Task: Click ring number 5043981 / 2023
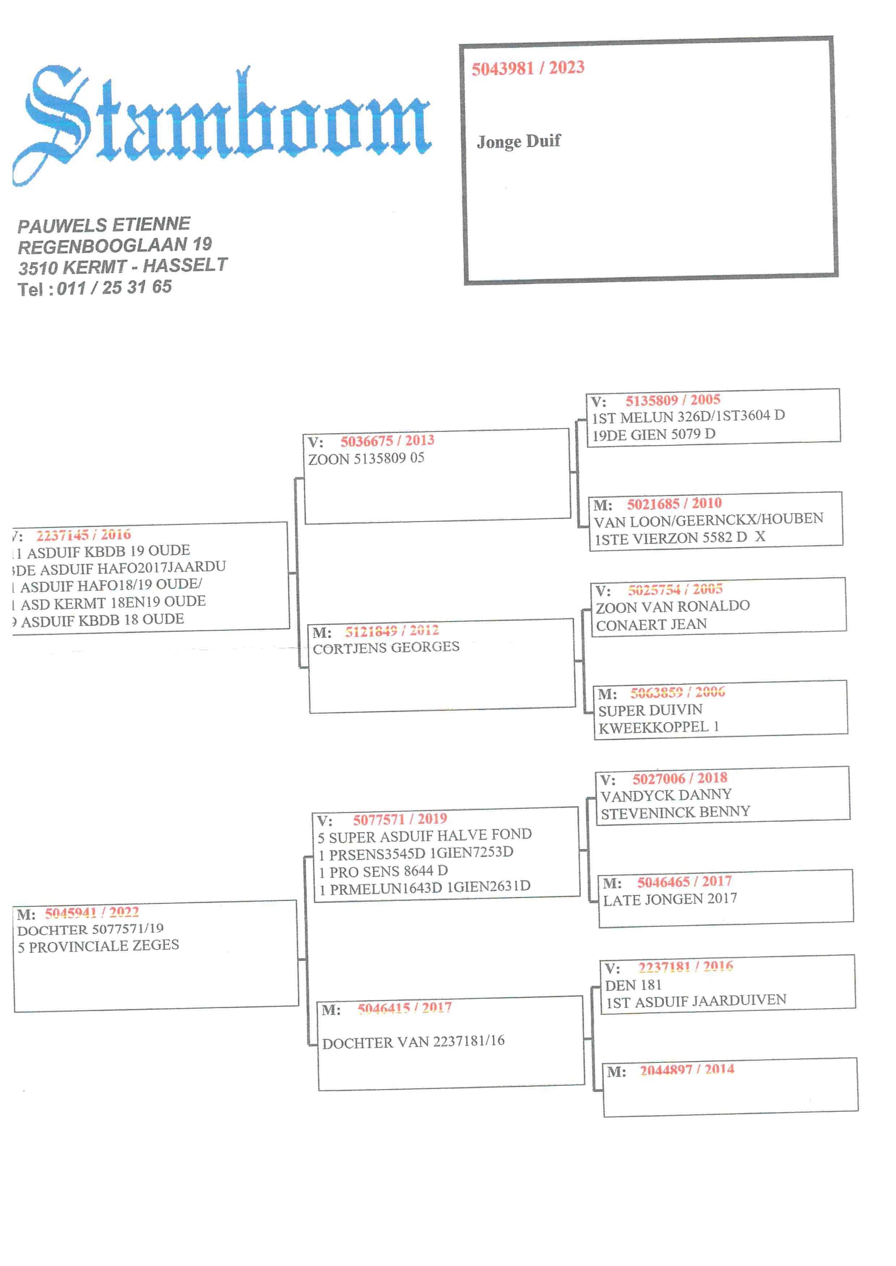pyautogui.click(x=528, y=68)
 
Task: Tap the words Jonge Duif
pyautogui.click(x=518, y=141)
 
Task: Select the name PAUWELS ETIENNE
pyautogui.click(x=104, y=224)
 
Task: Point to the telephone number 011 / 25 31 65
pyautogui.click(x=114, y=287)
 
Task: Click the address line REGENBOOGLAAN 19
pyautogui.click(x=115, y=245)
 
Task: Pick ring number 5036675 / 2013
pyautogui.click(x=387, y=440)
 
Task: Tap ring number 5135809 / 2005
pyautogui.click(x=673, y=400)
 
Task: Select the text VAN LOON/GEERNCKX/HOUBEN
pyautogui.click(x=708, y=519)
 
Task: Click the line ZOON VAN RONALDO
pyautogui.click(x=673, y=606)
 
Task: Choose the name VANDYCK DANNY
pyautogui.click(x=666, y=794)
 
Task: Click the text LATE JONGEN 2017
pyautogui.click(x=670, y=899)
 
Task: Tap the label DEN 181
pyautogui.click(x=633, y=984)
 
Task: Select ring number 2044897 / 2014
pyautogui.click(x=687, y=1070)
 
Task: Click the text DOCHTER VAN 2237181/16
pyautogui.click(x=413, y=1042)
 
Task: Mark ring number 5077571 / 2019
pyautogui.click(x=400, y=819)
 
